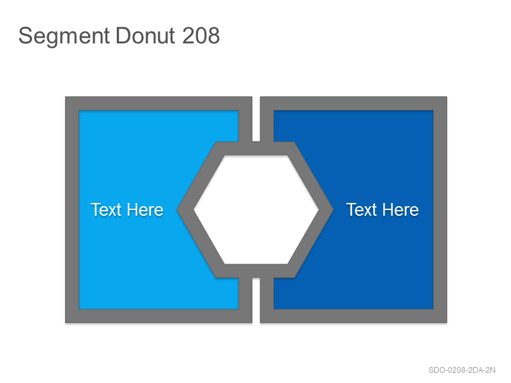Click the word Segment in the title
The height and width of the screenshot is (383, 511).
[x=64, y=36]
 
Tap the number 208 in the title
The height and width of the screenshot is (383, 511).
[x=201, y=35]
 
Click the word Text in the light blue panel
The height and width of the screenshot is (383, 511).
[x=106, y=209]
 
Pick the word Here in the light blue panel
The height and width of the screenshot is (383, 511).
[x=145, y=209]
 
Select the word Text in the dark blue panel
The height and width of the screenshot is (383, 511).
[x=362, y=209]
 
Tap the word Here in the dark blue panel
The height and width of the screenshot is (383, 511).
[x=400, y=209]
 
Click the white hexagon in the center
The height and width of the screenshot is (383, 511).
[x=256, y=209]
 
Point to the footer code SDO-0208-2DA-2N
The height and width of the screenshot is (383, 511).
[x=462, y=370]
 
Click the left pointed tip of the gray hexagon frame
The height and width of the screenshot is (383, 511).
[x=178, y=209]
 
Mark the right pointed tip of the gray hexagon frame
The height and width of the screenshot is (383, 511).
[x=333, y=209]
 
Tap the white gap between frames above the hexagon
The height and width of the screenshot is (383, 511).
[x=256, y=119]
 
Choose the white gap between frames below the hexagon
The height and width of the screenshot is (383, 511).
[x=256, y=300]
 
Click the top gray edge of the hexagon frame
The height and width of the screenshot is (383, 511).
[x=256, y=148]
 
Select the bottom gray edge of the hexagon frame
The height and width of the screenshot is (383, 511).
[x=256, y=271]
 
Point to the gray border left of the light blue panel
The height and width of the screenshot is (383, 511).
[x=72, y=209]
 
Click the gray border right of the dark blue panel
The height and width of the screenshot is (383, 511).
[x=440, y=209]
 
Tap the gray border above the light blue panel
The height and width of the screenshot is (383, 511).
[x=158, y=103]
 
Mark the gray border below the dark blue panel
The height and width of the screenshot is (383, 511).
[x=354, y=316]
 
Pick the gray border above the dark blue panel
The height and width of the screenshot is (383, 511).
[x=354, y=103]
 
